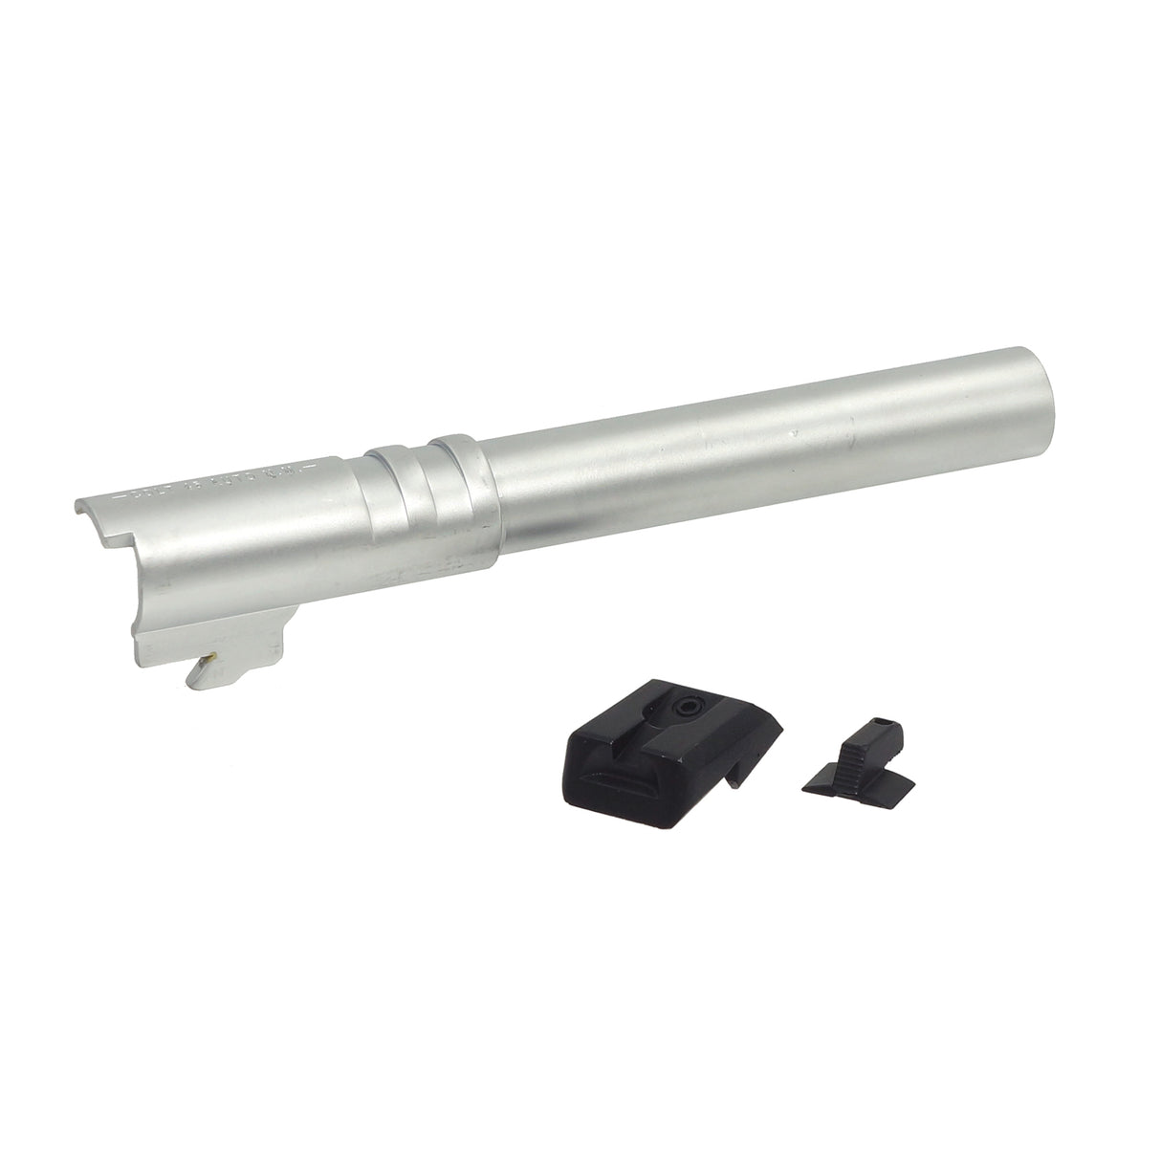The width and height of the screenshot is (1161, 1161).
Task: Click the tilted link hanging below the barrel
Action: [x=203, y=670]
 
